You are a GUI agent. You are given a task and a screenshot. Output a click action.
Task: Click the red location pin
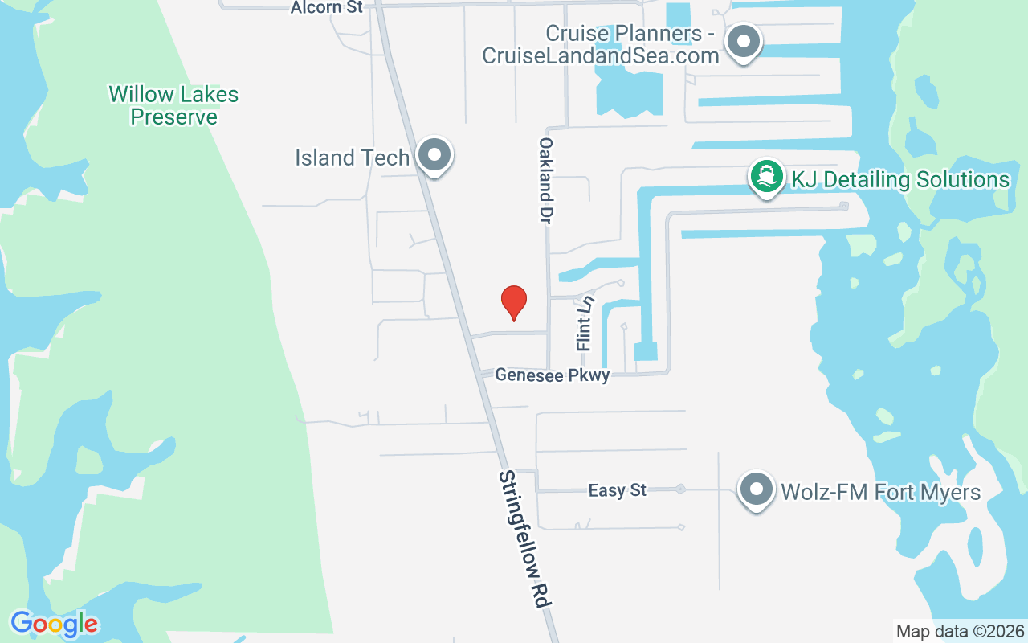click(x=513, y=302)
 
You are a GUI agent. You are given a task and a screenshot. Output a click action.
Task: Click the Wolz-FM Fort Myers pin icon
click(x=756, y=489)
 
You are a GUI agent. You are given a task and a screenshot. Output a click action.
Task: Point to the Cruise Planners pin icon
click(x=744, y=41)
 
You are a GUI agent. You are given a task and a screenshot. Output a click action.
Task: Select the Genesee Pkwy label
click(x=553, y=375)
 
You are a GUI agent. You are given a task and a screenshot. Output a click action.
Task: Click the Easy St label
click(x=617, y=489)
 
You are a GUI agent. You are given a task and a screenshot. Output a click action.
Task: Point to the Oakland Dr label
click(x=547, y=179)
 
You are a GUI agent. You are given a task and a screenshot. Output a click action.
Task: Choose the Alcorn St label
click(x=327, y=7)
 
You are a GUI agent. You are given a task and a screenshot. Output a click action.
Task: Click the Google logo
click(x=55, y=623)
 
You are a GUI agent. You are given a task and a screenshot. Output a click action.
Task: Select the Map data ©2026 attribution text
click(x=961, y=631)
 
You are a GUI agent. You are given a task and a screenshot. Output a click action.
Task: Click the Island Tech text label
click(x=352, y=158)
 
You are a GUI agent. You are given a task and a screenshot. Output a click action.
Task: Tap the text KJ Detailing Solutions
click(x=900, y=179)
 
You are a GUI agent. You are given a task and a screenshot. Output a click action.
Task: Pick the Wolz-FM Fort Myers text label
click(x=881, y=491)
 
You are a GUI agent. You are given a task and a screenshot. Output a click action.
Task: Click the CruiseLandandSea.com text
click(x=600, y=55)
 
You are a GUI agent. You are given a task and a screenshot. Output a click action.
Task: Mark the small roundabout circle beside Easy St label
click(x=680, y=489)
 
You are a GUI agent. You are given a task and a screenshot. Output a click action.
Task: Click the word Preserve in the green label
click(x=173, y=117)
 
